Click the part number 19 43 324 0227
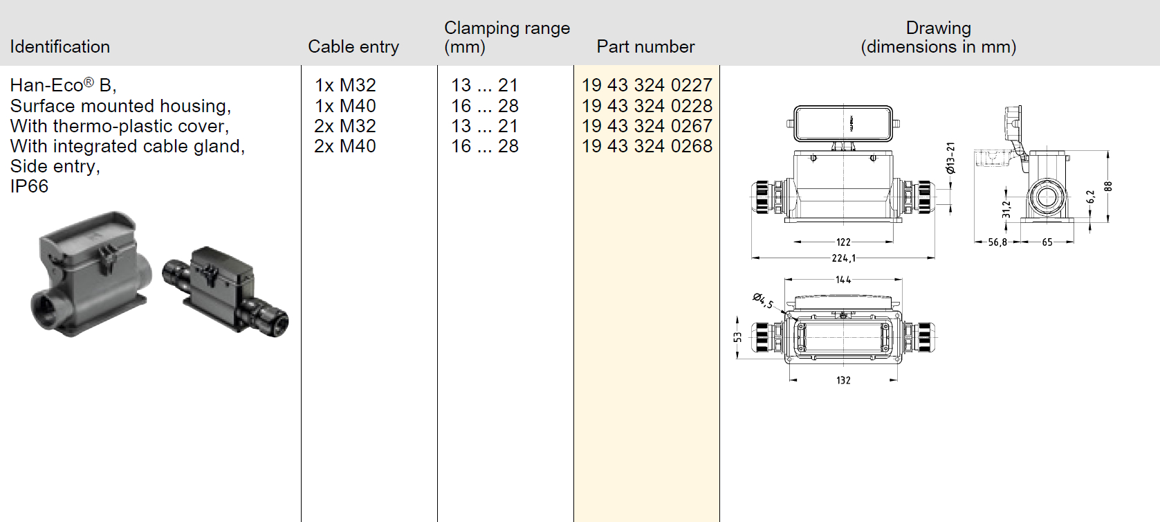click(x=647, y=85)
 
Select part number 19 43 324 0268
click(x=647, y=146)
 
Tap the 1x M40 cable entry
click(x=345, y=106)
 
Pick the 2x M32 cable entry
click(x=345, y=126)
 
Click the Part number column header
click(x=645, y=46)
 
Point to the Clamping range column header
click(x=507, y=37)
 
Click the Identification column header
click(x=60, y=46)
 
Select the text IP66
click(x=29, y=186)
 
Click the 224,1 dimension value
click(x=844, y=258)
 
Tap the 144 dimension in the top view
click(x=843, y=280)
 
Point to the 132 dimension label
click(x=843, y=381)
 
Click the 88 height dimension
click(x=1107, y=187)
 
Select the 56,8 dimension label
click(x=997, y=242)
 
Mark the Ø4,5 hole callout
click(x=764, y=300)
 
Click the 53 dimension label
click(x=738, y=337)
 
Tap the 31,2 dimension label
click(x=1006, y=208)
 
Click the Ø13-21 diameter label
click(x=950, y=158)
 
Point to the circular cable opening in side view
click(x=1047, y=197)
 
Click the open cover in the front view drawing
click(x=843, y=123)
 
